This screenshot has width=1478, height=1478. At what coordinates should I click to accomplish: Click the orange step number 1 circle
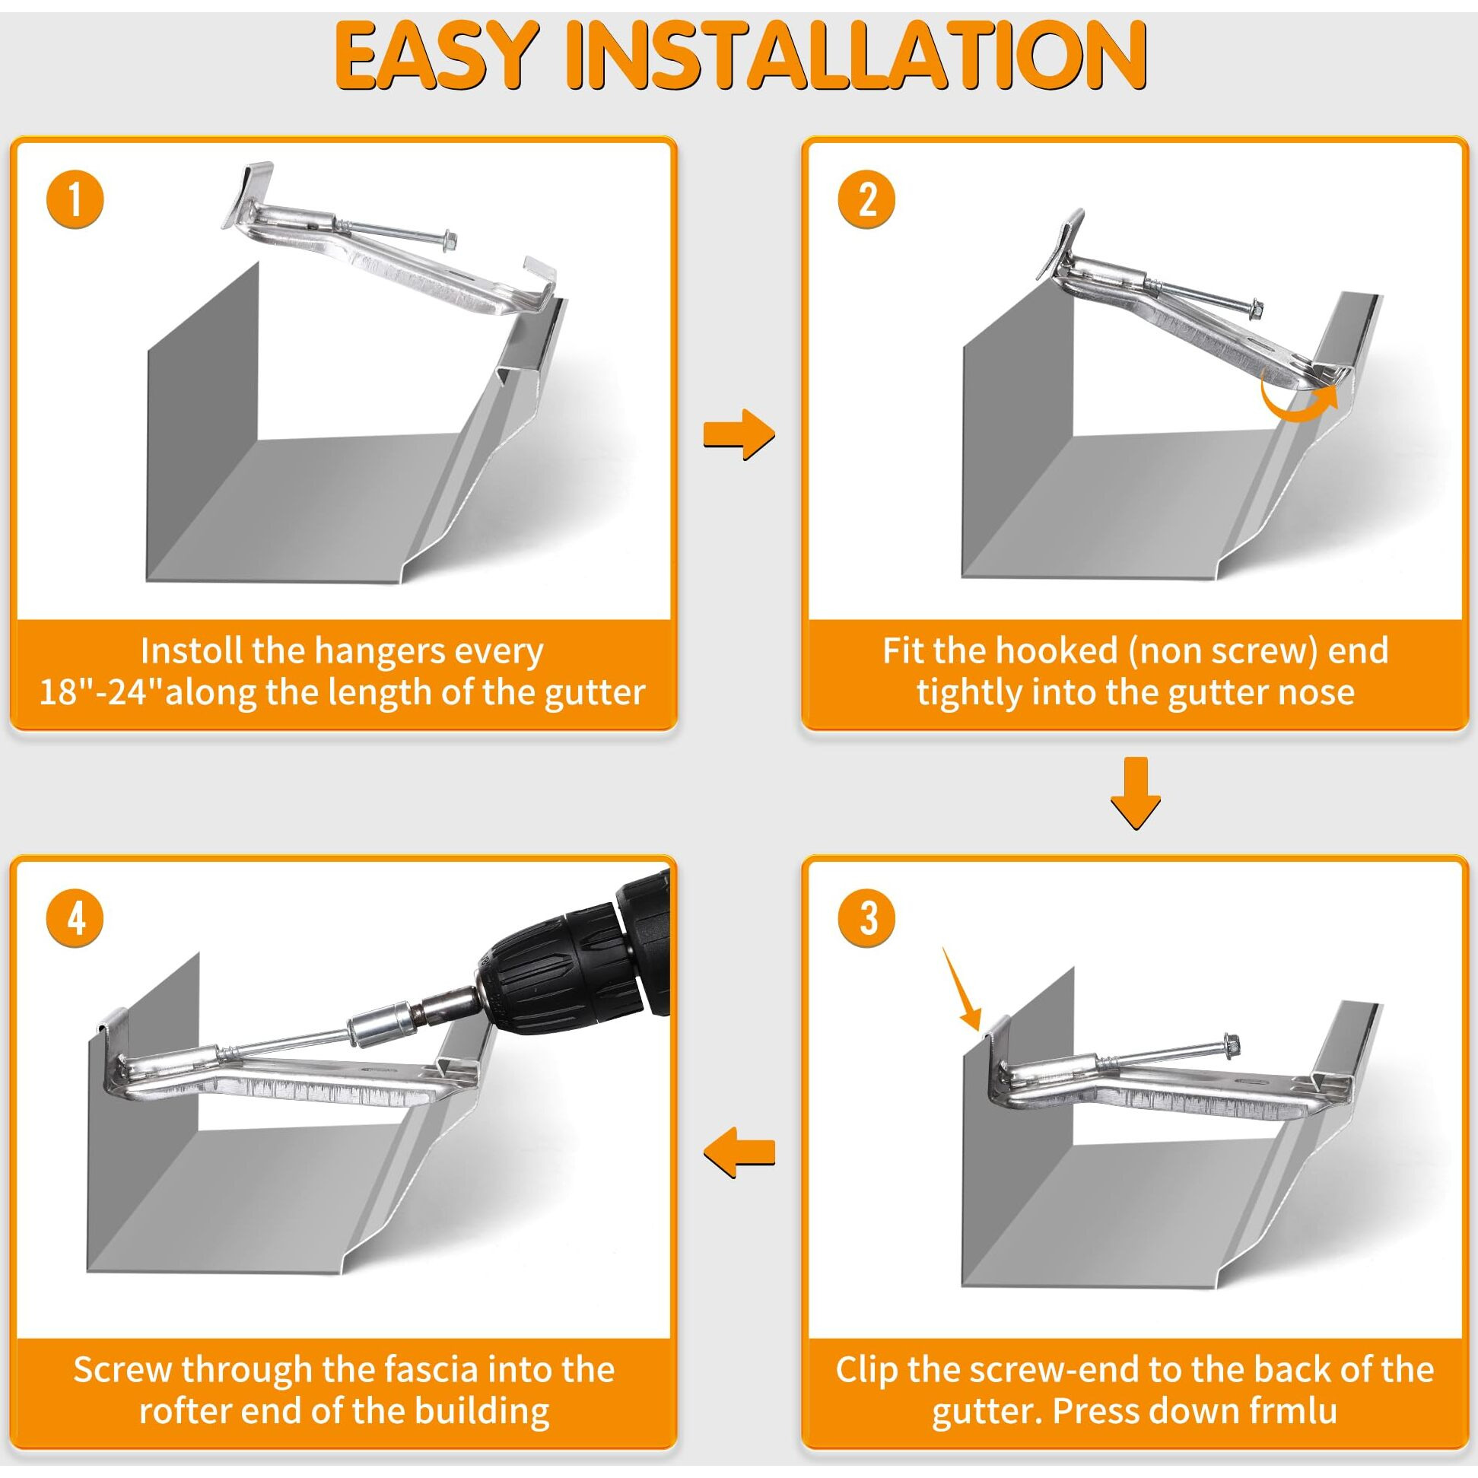pyautogui.click(x=75, y=199)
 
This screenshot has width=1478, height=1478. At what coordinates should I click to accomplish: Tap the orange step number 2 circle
pyautogui.click(x=866, y=199)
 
